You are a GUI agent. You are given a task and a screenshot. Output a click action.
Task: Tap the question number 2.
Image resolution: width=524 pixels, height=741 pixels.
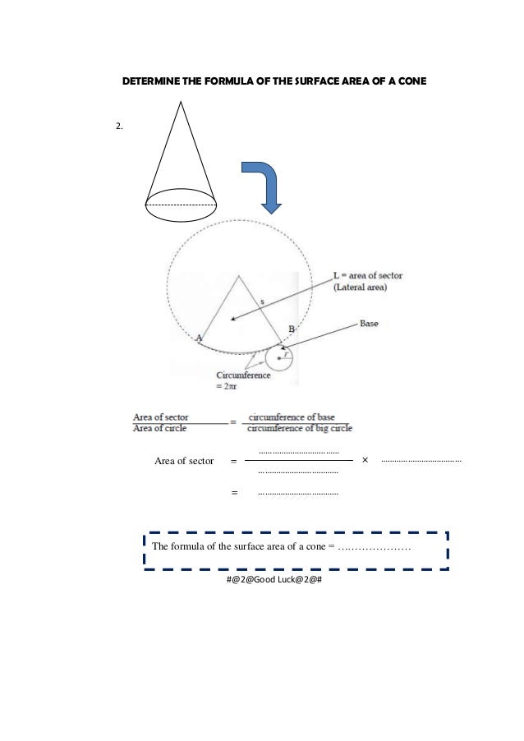coord(119,127)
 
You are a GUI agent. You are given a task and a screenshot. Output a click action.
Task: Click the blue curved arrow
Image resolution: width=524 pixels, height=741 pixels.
coord(265,185)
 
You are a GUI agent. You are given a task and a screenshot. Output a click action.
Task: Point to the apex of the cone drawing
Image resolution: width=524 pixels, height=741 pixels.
coord(180,100)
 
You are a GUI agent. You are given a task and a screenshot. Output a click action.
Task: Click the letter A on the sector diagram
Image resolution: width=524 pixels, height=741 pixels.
coord(199,337)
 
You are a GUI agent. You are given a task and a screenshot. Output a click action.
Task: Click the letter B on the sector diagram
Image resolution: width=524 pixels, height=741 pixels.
coord(291,329)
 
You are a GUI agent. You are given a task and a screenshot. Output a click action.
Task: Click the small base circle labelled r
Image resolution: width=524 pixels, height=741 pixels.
coord(279,358)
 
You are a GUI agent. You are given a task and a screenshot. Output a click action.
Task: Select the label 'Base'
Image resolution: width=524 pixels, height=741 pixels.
coord(369,324)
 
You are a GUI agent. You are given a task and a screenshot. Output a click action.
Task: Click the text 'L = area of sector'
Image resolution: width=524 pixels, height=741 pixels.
coord(367,275)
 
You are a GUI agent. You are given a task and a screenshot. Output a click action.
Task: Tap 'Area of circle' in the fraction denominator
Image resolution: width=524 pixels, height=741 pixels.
coord(160,428)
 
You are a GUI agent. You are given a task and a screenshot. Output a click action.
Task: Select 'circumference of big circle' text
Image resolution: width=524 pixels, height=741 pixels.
coord(300,428)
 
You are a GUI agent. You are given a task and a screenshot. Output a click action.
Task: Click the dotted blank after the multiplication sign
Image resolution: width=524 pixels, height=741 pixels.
coord(422,461)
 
